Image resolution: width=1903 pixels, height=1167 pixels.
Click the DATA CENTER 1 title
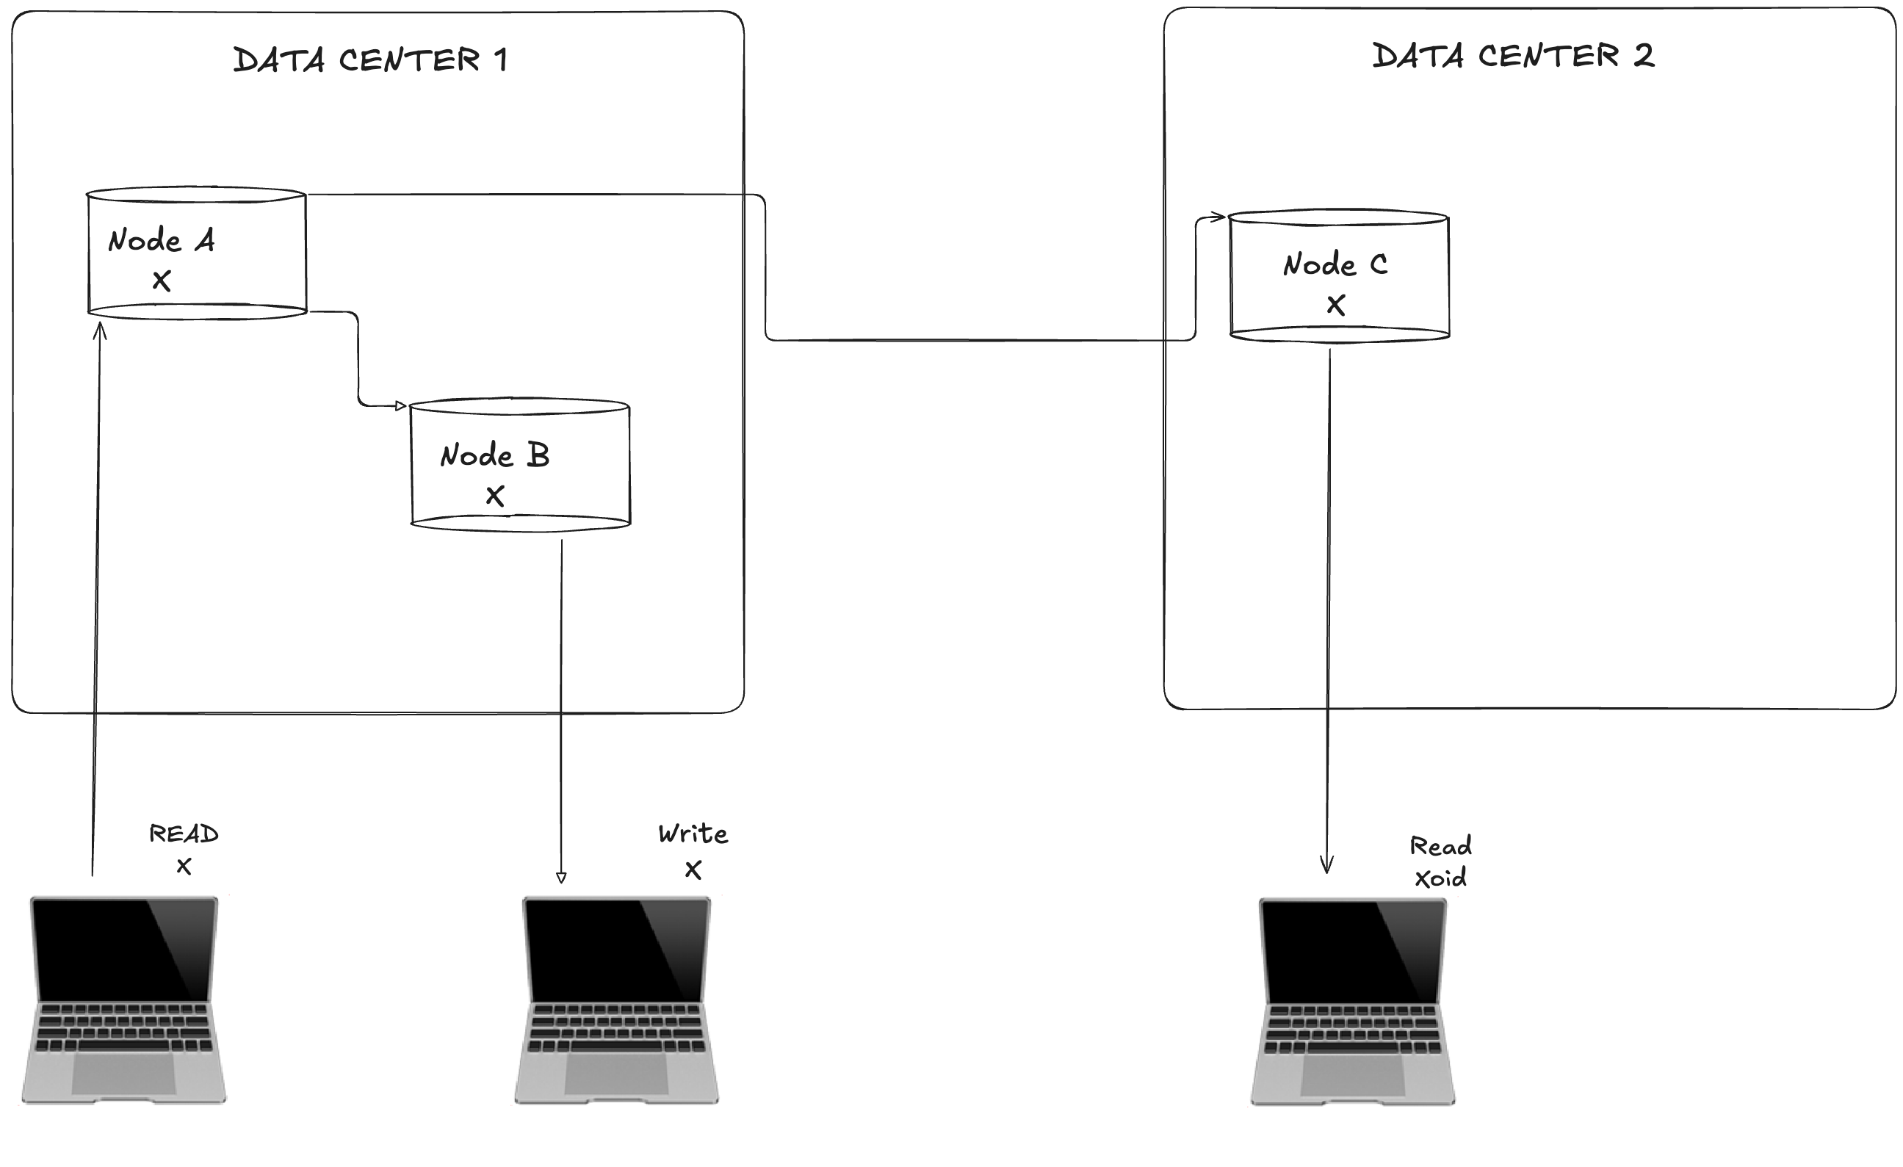click(371, 60)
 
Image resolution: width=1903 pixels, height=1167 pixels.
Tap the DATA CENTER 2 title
click(1513, 57)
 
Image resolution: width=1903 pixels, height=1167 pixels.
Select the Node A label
click(162, 240)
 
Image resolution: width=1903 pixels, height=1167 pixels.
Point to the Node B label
click(495, 455)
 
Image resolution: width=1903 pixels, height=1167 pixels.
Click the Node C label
click(1335, 265)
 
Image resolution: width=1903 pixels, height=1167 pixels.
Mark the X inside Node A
click(162, 281)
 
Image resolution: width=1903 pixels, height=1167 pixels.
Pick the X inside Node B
click(495, 495)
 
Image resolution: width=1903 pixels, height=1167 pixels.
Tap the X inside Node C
click(1335, 305)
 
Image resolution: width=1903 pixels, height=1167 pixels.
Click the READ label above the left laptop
click(184, 834)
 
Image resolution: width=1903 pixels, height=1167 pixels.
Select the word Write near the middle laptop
click(693, 834)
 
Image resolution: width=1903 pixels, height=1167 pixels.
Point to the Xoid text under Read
click(1440, 878)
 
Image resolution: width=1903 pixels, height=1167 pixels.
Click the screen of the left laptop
click(123, 950)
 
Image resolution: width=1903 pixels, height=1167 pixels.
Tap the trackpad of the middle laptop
click(616, 1073)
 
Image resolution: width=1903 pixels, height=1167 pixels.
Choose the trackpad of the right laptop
click(1352, 1074)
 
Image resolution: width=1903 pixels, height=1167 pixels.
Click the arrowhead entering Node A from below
click(99, 330)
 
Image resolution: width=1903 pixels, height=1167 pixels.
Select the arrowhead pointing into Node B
click(401, 405)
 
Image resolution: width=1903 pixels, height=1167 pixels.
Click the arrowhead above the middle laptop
click(560, 878)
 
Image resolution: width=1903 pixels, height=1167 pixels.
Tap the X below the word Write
click(693, 870)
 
